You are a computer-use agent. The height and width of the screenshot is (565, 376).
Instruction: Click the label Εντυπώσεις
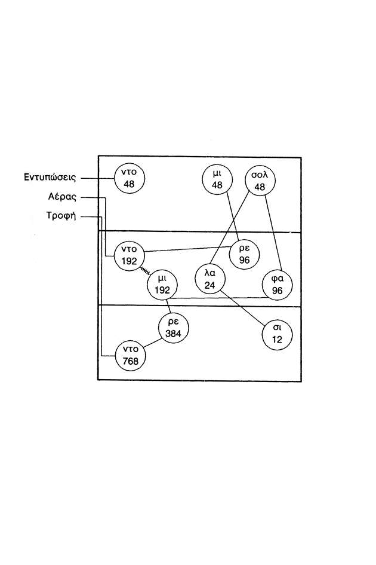[x=50, y=178]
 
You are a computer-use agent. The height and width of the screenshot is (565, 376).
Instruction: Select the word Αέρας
[x=62, y=197]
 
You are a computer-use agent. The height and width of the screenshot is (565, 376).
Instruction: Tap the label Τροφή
[x=61, y=216]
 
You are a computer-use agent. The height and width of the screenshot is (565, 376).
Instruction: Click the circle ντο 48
[x=130, y=178]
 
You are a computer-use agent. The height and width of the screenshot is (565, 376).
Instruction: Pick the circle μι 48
[x=217, y=179]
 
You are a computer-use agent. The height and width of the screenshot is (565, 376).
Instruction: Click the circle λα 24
[x=210, y=279]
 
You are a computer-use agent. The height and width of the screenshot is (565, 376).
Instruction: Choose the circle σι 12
[x=278, y=334]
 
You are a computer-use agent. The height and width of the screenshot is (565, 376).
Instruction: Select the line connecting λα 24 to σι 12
[x=242, y=309]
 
